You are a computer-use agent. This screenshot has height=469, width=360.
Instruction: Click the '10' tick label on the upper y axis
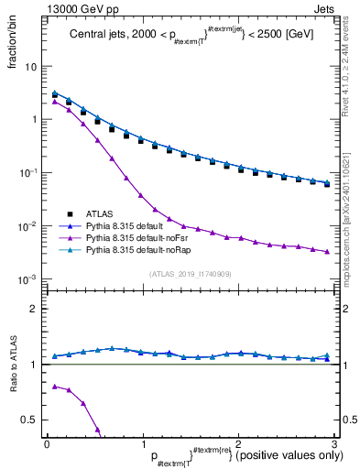[x=31, y=67]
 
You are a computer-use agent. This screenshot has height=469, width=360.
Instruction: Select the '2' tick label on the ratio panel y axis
[x=36, y=309]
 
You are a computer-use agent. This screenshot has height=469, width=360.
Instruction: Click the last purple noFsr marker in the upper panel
[x=327, y=251]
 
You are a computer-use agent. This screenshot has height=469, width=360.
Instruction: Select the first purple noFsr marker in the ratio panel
[x=54, y=387]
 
